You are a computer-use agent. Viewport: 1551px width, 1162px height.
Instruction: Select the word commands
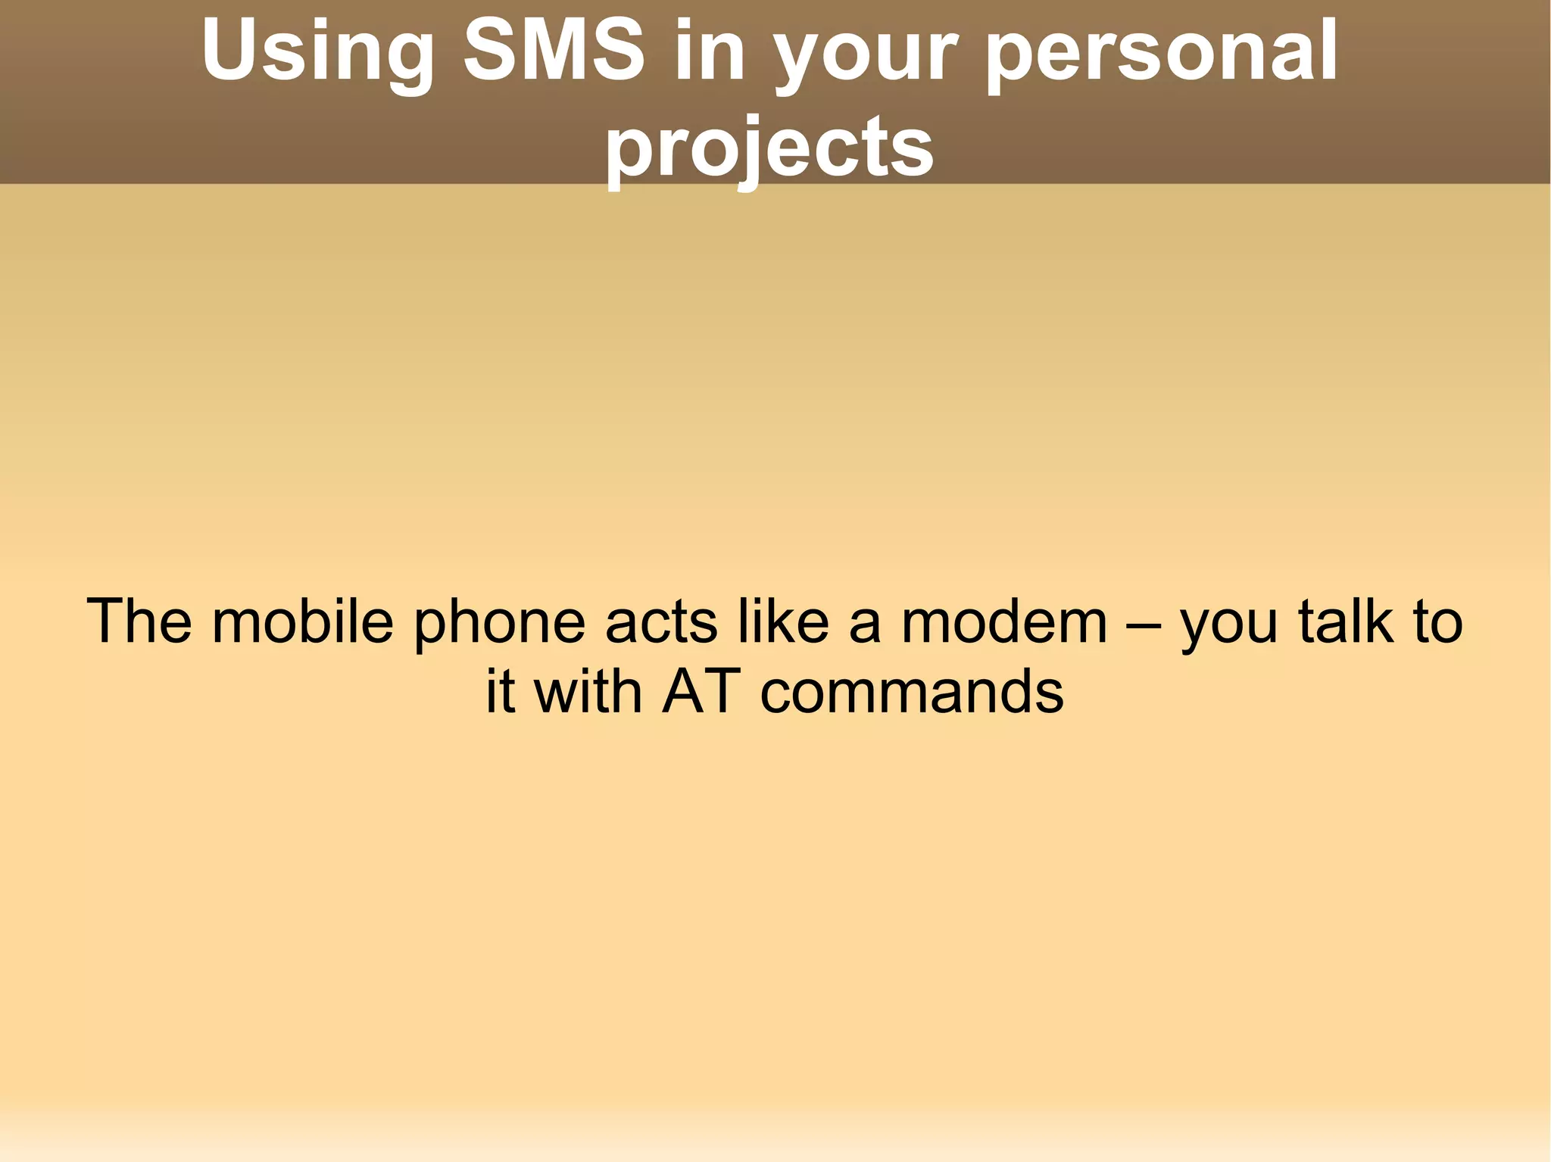(912, 692)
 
